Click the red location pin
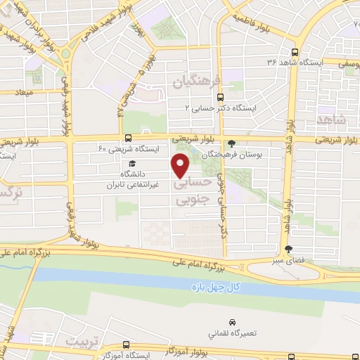(181, 165)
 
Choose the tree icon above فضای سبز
(288, 249)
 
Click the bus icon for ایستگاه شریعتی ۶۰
(127, 138)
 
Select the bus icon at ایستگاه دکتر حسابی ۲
(221, 97)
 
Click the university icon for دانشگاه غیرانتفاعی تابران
(131, 164)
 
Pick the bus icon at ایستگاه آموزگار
(125, 345)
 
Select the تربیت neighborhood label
(85, 341)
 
